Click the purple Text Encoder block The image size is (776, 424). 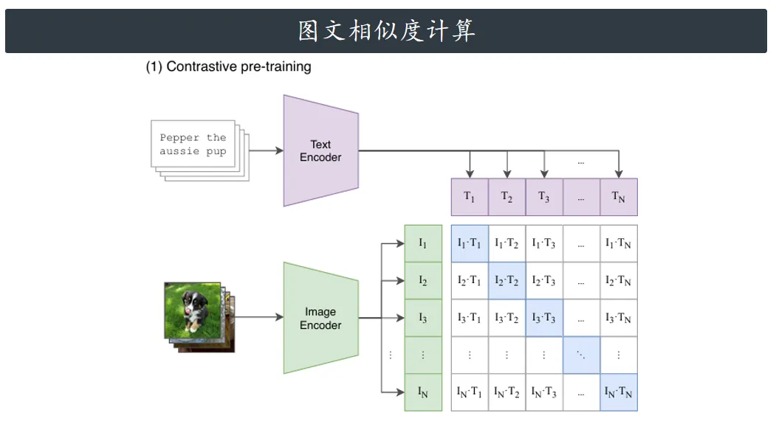320,150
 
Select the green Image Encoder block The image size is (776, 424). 320,318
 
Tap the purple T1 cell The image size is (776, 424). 470,197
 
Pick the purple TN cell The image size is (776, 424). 619,197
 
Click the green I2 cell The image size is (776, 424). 423,281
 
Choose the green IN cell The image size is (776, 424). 423,392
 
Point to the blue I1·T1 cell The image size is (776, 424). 470,243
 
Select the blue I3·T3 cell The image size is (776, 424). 544,318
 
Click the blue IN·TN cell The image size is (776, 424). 619,392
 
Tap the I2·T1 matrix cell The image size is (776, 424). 470,281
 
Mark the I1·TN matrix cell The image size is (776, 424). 619,243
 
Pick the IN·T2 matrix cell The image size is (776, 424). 507,392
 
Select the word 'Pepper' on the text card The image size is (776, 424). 179,138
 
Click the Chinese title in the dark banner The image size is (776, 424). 386,31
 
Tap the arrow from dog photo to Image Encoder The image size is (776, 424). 259,317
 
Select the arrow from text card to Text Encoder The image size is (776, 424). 267,150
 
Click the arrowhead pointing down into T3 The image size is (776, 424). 544,174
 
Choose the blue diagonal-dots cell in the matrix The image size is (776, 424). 582,355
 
